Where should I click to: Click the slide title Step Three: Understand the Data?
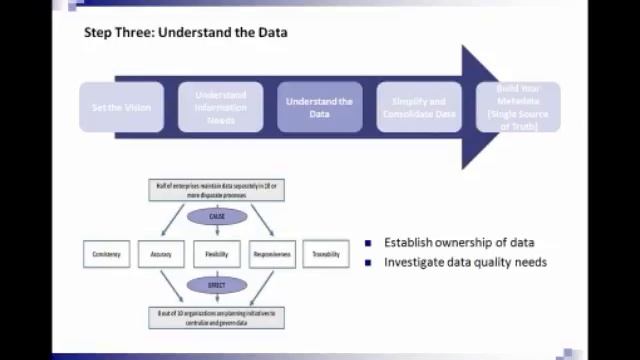186,33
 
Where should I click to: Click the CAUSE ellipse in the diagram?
217,217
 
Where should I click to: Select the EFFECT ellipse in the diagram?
217,286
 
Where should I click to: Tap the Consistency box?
106,254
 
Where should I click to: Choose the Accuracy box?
161,254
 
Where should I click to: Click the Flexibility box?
217,254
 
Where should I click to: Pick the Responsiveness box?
272,254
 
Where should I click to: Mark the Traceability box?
326,254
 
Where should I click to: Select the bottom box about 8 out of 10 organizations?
217,317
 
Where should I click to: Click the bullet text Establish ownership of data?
458,243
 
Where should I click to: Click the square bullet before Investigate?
368,263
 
